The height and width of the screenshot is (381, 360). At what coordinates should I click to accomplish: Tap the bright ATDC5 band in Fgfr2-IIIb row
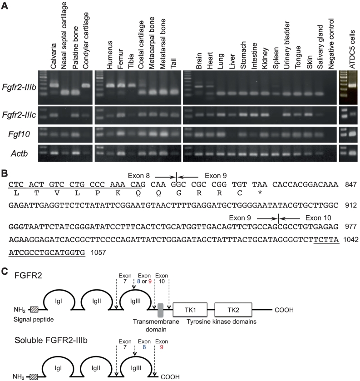coord(350,84)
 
